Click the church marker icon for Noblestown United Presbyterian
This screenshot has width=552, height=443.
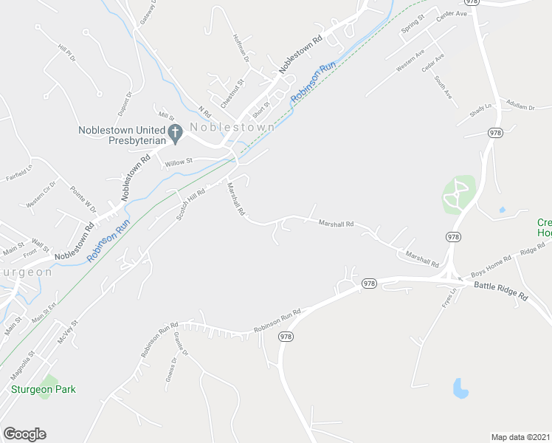click(175, 134)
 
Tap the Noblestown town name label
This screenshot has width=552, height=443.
click(232, 127)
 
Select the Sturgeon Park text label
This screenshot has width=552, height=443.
click(44, 389)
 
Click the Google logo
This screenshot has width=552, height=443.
click(24, 434)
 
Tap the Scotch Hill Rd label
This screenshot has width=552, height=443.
click(190, 206)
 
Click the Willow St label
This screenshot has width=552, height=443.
click(179, 162)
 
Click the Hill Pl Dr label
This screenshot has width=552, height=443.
click(66, 53)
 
